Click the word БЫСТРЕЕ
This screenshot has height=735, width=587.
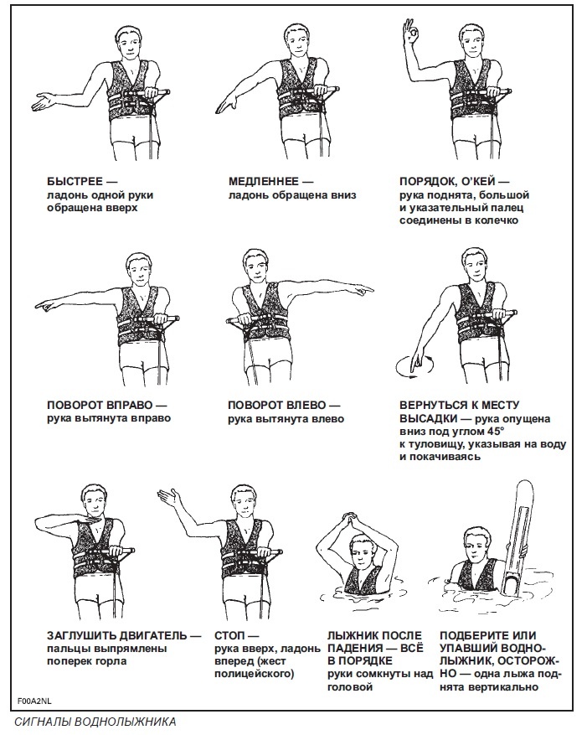click(x=75, y=181)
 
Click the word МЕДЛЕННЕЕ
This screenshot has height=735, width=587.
click(x=264, y=181)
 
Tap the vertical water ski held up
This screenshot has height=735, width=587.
click(x=520, y=538)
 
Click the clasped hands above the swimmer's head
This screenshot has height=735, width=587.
click(x=353, y=520)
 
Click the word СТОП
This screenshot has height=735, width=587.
click(x=229, y=635)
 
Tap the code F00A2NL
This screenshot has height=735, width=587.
click(x=35, y=701)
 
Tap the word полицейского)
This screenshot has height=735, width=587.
click(x=255, y=674)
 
